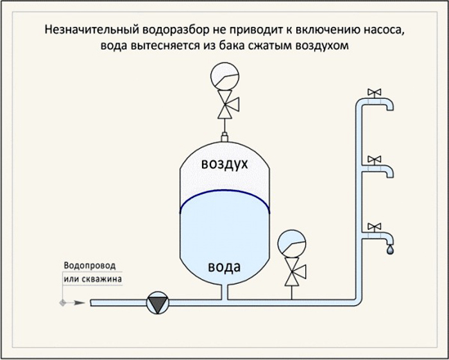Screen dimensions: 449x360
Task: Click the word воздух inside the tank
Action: click(224, 164)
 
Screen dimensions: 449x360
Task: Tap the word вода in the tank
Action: click(224, 267)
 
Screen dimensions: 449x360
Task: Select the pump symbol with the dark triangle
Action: click(158, 302)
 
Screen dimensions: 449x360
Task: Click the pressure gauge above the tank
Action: click(224, 77)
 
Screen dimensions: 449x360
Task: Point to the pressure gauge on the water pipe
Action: click(292, 244)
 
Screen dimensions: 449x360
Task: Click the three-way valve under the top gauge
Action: click(227, 104)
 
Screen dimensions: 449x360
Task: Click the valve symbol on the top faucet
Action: click(374, 92)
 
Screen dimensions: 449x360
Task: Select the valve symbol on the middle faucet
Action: click(374, 160)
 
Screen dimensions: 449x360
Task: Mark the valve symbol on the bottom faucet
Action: click(374, 227)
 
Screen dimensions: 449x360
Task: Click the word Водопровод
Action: click(90, 266)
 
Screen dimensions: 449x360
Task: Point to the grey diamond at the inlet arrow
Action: click(62, 303)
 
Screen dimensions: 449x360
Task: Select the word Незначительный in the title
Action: click(92, 30)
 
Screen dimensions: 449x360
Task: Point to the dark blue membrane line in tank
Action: click(224, 194)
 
